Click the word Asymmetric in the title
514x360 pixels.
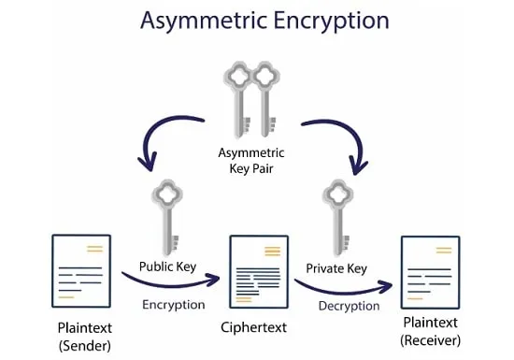(x=203, y=22)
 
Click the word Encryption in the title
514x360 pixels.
(x=331, y=22)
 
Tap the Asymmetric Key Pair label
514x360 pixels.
(x=251, y=161)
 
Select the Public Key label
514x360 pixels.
(x=167, y=266)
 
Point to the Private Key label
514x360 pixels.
(x=336, y=269)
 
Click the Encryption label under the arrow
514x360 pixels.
(x=174, y=305)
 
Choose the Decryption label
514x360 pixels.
(x=349, y=306)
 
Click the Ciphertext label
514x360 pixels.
(x=253, y=327)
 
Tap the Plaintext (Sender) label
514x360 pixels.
(x=84, y=337)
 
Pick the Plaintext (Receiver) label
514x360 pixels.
(x=431, y=331)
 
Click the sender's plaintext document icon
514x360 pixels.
(x=81, y=271)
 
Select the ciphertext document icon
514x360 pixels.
(x=259, y=272)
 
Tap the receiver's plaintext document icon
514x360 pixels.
(x=431, y=272)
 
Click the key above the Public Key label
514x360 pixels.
(x=168, y=217)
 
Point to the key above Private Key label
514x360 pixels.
(x=338, y=218)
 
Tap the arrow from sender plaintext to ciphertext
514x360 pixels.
(x=170, y=284)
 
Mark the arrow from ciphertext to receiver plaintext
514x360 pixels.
(x=343, y=291)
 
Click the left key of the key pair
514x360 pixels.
(x=238, y=98)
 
